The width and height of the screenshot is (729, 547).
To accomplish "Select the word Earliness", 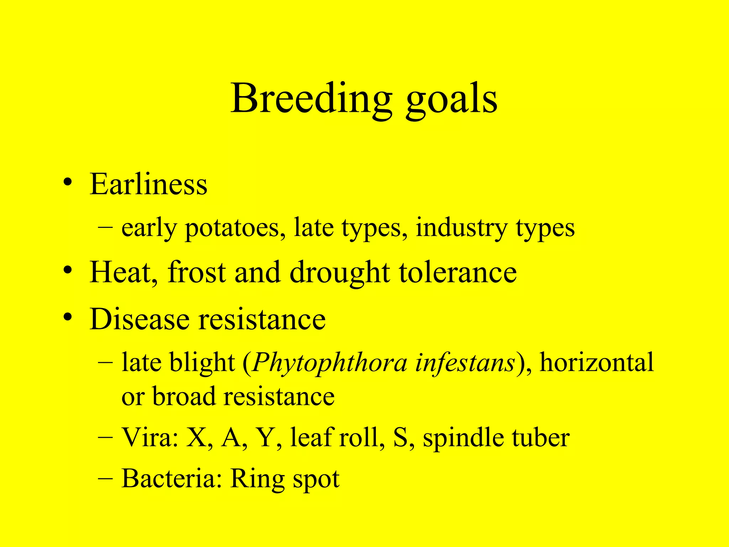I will tap(148, 184).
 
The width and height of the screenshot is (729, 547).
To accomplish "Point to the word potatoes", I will tap(235, 228).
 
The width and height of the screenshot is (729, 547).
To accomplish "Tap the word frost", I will tap(196, 272).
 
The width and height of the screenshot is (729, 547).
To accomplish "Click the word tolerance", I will tap(458, 272).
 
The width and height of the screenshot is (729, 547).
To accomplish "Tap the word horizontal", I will tap(597, 363).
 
